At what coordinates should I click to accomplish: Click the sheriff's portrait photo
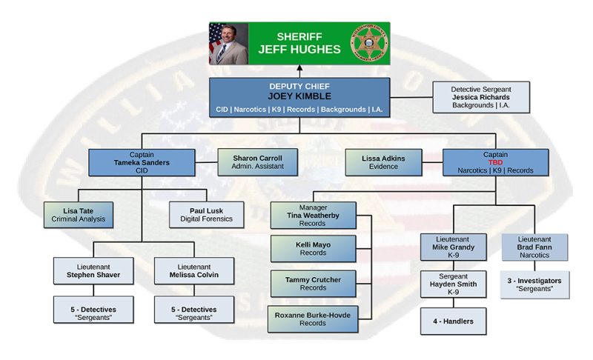coord(228,43)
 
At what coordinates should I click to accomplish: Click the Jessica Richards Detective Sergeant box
coord(481,98)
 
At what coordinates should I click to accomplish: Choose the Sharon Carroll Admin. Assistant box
coord(253,163)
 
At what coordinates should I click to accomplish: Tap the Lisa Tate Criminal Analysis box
coord(78,214)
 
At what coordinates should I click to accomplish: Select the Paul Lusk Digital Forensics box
coord(207,214)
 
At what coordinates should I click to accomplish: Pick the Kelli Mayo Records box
coord(313,249)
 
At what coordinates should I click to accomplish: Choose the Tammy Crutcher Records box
coord(313,283)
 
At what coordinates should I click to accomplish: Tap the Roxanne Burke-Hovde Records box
coord(313,317)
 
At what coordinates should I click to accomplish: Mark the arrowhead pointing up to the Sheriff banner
coord(299,71)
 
